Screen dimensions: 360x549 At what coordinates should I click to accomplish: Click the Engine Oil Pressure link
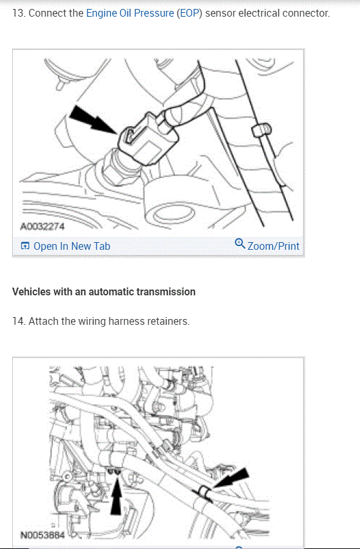[130, 13]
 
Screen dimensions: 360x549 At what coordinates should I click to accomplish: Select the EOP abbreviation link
[190, 13]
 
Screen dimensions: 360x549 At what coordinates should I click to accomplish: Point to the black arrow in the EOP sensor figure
[92, 120]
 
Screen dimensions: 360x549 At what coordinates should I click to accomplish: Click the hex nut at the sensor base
[115, 173]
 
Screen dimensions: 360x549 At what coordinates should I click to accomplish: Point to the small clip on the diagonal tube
[261, 130]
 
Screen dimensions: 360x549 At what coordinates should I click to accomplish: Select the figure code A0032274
[42, 227]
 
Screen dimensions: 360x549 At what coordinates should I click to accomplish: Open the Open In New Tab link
[72, 246]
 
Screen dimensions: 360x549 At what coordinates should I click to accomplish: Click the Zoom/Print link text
[274, 246]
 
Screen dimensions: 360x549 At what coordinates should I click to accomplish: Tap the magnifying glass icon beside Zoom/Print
[240, 243]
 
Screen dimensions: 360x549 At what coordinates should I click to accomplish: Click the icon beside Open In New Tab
[25, 246]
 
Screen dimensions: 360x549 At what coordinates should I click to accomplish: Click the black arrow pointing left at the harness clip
[231, 479]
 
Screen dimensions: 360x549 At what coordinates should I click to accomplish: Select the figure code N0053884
[42, 535]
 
